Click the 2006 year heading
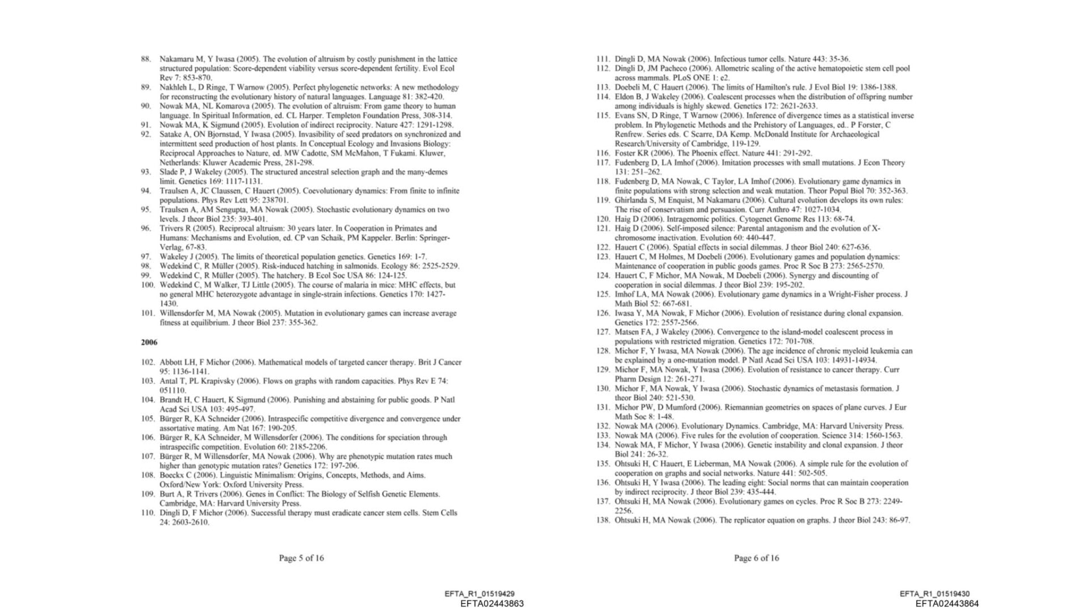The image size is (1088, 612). pos(149,342)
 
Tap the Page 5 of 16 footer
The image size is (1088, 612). pos(301,558)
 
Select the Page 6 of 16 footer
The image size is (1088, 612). pos(756,558)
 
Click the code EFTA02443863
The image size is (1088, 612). pos(492,603)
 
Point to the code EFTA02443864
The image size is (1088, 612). pos(947,603)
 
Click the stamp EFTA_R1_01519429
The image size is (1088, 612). pos(479,594)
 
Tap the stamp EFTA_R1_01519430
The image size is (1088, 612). pos(934,594)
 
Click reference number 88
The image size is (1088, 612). pos(146,59)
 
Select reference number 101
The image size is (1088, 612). pos(147,313)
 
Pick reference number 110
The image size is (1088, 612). pos(147,513)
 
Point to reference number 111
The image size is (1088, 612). pos(602,59)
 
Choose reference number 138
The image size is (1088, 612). pos(602,520)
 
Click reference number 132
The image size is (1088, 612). pos(602,426)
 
